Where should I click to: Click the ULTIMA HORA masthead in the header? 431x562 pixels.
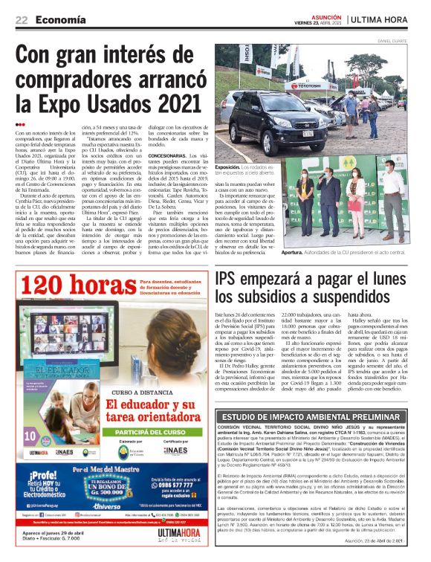pyautogui.click(x=386, y=19)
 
